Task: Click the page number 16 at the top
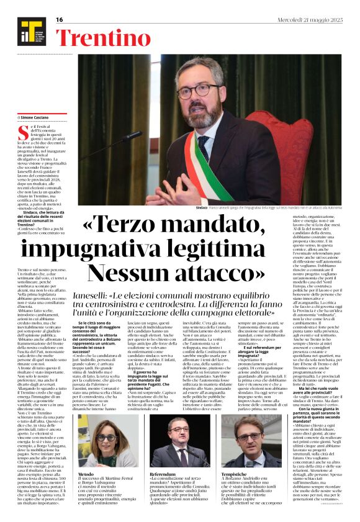(x=60, y=20)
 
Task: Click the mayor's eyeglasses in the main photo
(x=194, y=90)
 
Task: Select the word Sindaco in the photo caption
(x=168, y=207)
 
